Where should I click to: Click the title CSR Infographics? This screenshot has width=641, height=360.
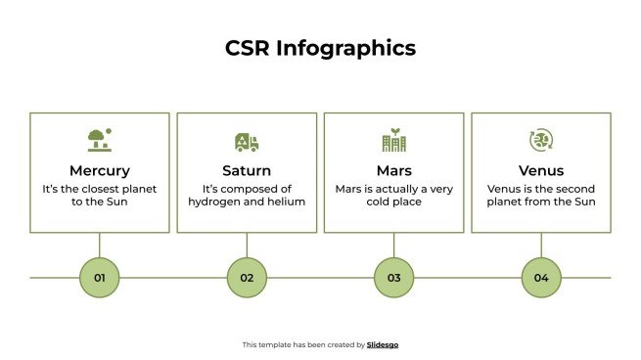point(320,48)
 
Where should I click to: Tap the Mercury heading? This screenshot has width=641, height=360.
point(99,170)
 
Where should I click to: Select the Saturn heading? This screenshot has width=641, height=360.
point(247,170)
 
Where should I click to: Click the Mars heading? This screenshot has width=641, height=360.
point(393,170)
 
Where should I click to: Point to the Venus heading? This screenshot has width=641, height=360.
point(541,170)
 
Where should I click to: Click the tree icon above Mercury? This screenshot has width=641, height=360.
point(99,140)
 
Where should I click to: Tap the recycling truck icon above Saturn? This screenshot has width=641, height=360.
point(247,141)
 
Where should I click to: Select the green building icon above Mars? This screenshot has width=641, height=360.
point(393,140)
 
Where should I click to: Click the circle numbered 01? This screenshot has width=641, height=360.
point(99,278)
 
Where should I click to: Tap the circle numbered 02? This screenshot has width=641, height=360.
point(247,278)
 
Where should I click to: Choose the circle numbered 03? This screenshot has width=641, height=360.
point(393,278)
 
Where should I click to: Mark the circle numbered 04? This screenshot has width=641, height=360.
point(541,278)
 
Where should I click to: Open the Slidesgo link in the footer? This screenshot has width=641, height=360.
point(383,344)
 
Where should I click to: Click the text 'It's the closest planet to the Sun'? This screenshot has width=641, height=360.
point(99,195)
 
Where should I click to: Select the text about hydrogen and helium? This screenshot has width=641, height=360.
point(247,195)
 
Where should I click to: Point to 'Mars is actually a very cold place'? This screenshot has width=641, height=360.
point(393,195)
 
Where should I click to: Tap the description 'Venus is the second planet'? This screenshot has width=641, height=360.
point(541,195)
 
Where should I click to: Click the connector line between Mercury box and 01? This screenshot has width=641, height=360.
point(99,245)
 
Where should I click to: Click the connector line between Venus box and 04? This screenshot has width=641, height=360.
point(541,245)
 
